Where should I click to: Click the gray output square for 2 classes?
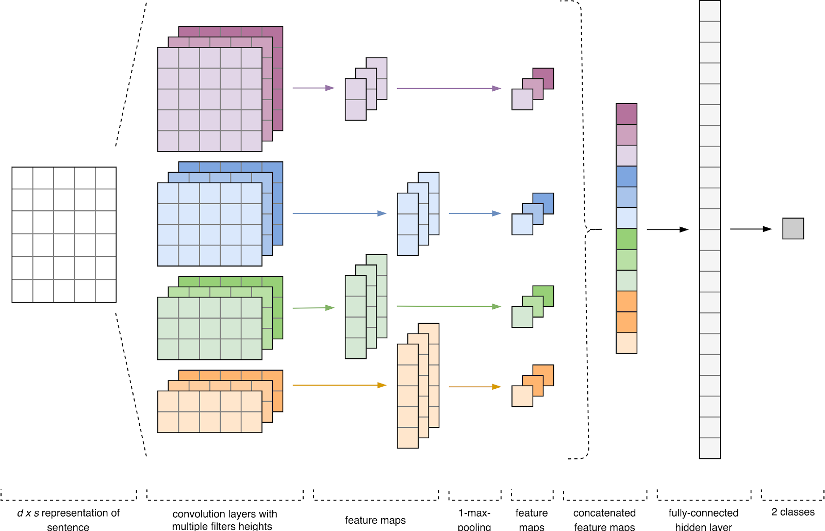point(793,228)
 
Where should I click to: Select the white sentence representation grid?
point(64,235)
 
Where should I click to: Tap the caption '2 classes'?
point(793,512)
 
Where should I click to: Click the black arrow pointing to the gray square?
point(751,229)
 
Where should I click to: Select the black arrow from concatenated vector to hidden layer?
point(668,229)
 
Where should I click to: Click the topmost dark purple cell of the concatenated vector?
point(626,114)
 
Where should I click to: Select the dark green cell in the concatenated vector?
point(626,239)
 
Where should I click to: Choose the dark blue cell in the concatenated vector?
point(626,176)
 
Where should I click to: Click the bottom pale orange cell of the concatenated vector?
point(626,343)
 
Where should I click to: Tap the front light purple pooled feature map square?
point(521,100)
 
